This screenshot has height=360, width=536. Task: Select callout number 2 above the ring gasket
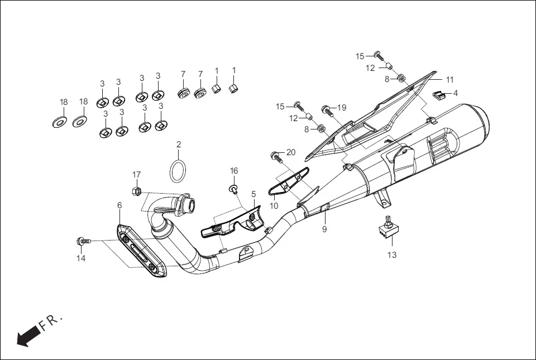click(x=179, y=145)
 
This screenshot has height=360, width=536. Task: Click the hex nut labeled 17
click(x=136, y=191)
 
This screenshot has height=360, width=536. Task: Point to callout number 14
click(x=81, y=258)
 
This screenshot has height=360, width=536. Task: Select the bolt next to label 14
click(x=82, y=241)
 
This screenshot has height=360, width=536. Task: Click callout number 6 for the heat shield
click(x=119, y=205)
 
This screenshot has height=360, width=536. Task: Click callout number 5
click(x=253, y=194)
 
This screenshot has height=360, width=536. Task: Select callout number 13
click(x=392, y=255)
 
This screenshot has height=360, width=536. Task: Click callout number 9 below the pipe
click(x=324, y=229)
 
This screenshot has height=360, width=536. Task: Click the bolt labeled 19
click(x=327, y=109)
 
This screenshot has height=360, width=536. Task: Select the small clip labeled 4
click(x=439, y=94)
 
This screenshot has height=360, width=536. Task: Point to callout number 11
click(x=449, y=79)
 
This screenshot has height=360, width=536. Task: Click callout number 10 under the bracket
click(x=274, y=205)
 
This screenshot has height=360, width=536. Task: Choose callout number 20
click(x=291, y=152)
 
